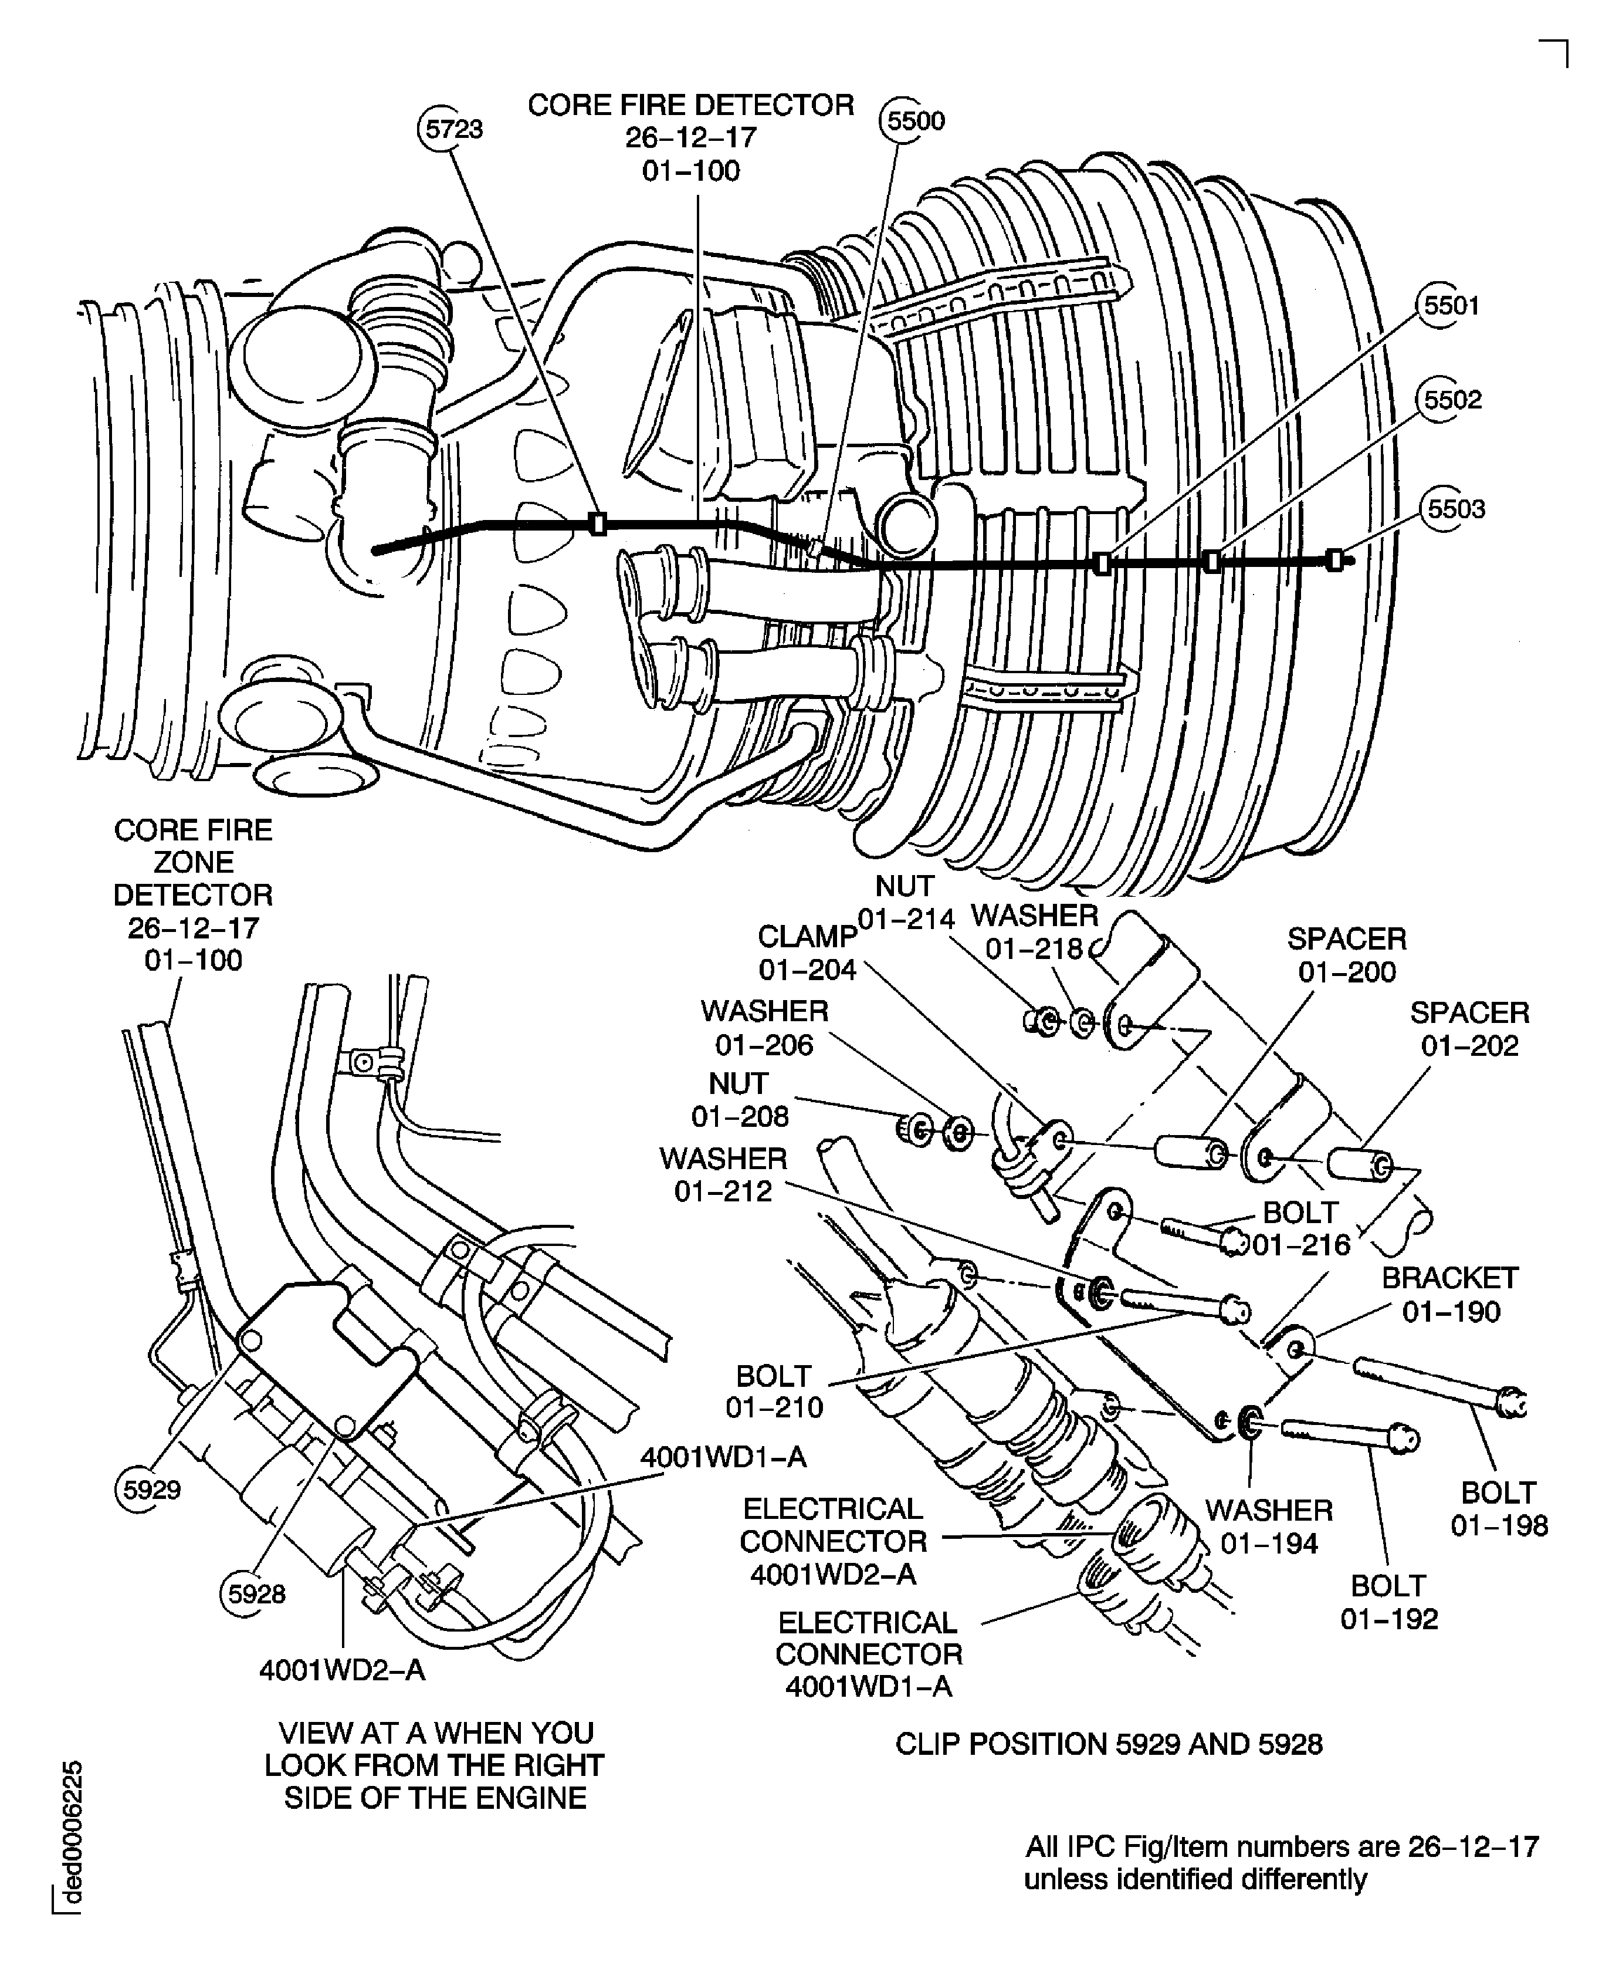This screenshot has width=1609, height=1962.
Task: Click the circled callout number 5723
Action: coord(452,129)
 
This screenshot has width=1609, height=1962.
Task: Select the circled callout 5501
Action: coord(1451,306)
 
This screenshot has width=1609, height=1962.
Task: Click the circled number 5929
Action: coord(151,1490)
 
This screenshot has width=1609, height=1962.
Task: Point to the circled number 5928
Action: coord(256,1594)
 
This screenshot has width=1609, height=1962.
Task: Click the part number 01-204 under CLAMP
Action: coord(807,970)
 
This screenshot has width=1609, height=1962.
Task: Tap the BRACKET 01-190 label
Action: coord(1449,1294)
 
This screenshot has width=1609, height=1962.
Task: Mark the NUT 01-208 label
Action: coord(740,1100)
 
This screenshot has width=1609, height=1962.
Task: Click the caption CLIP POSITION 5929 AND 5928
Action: coord(1109,1744)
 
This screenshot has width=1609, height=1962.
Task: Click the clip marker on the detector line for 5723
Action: coord(598,524)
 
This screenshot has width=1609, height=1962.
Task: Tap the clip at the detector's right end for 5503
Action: coord(1334,560)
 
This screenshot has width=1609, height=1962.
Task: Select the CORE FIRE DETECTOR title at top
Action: coord(690,106)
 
